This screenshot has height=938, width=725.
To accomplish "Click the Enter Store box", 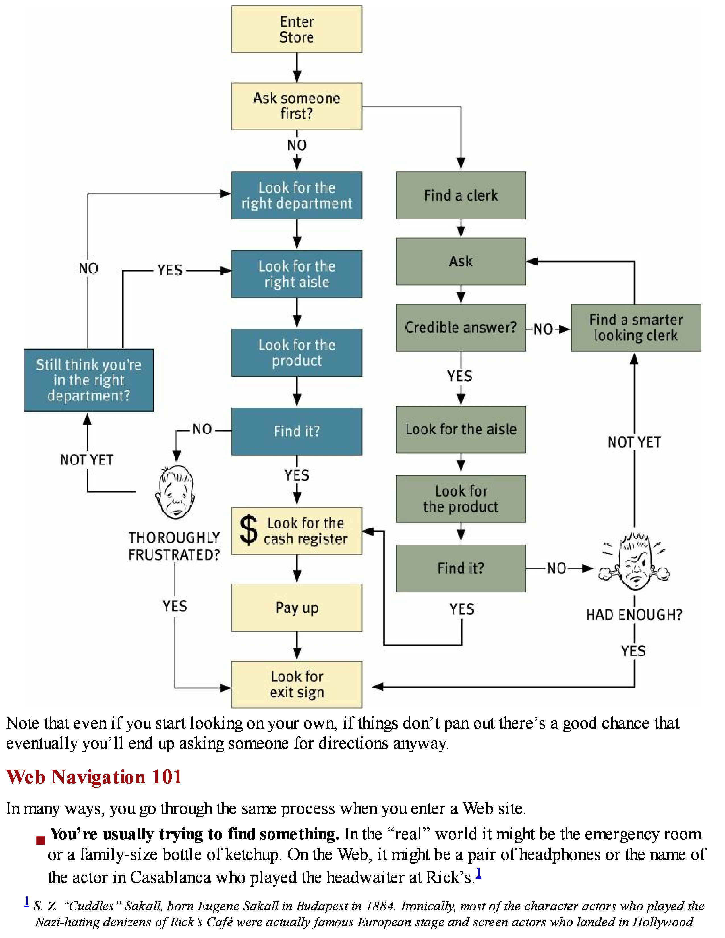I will [x=297, y=29].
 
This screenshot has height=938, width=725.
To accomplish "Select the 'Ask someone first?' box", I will [x=297, y=106].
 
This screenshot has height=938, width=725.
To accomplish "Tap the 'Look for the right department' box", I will [x=297, y=196].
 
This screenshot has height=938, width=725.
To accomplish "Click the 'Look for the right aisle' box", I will [x=297, y=274].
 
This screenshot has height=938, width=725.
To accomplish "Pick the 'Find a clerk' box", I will [x=461, y=196].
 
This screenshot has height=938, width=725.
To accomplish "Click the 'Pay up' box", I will [x=297, y=607].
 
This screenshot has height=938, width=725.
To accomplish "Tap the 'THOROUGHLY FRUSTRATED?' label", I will [x=174, y=546].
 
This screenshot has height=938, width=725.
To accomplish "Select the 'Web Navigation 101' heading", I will [x=94, y=777].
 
